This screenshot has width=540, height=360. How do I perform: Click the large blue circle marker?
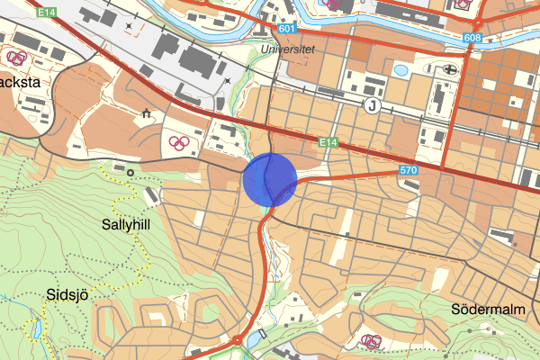[x=270, y=179]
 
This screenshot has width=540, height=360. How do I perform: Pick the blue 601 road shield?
[x=287, y=29]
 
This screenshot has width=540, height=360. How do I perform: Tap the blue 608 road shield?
[x=472, y=38]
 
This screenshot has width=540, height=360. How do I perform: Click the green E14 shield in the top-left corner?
[x=48, y=13]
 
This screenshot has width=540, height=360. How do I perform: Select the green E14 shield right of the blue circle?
[x=328, y=142]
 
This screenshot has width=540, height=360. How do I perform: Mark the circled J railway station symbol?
[x=371, y=106]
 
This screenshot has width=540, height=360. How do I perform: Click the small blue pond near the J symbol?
[x=401, y=68]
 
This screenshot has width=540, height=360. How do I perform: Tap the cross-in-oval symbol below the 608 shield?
[x=450, y=69]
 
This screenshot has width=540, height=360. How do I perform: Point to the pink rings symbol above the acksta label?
[x=16, y=58]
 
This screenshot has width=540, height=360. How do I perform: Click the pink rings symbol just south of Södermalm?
[x=370, y=341]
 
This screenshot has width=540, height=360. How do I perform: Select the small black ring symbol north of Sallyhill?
[x=130, y=171]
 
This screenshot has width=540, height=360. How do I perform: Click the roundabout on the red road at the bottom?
[x=237, y=341]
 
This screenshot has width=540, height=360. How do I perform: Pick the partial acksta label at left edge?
[x=18, y=81]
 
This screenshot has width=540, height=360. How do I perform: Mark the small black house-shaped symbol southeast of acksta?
[x=146, y=112]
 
